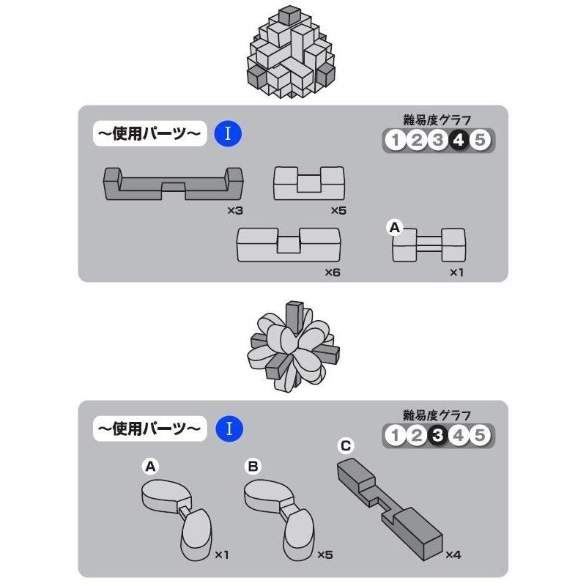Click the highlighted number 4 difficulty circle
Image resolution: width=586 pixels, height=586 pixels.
[459, 140]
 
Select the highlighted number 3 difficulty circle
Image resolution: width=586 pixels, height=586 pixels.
[437, 436]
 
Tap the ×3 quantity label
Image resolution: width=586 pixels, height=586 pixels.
[234, 210]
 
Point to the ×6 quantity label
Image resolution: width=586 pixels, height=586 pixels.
[333, 272]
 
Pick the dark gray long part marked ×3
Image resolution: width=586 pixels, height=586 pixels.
[172, 185]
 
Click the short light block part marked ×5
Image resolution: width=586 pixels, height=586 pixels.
[308, 183]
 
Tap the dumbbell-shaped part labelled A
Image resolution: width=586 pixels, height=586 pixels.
[429, 245]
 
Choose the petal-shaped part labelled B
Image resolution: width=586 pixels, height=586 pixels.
[278, 513]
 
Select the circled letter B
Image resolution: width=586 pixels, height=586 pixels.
[251, 465]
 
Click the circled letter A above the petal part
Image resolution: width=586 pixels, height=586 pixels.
[149, 465]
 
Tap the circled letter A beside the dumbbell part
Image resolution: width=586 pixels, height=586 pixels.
[394, 228]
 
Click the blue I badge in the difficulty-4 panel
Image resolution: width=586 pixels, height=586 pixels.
[228, 134]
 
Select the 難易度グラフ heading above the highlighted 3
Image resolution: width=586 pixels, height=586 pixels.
[437, 415]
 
